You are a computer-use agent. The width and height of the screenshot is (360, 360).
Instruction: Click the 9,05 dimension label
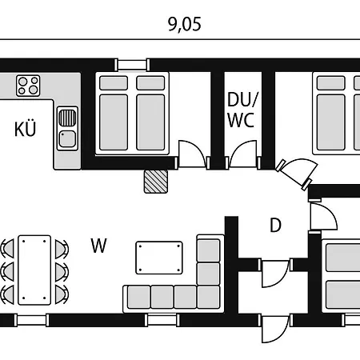185,25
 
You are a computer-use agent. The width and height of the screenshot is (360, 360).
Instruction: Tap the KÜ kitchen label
25,129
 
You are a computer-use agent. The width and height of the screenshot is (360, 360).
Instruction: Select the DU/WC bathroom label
242,110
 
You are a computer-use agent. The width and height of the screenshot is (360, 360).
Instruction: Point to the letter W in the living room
98,246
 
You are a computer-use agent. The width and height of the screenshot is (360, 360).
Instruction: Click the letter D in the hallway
275,226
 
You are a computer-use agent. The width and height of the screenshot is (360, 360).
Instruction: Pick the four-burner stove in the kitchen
28,86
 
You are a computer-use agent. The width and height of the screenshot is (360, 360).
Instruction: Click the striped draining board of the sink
67,118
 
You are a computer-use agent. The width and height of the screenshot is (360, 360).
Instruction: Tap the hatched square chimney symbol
156,182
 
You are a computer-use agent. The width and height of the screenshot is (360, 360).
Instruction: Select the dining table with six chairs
34,270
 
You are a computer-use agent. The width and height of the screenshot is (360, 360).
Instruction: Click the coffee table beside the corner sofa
159,258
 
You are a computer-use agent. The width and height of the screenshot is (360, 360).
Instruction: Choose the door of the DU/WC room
242,154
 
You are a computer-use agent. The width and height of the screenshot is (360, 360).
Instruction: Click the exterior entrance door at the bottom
275,329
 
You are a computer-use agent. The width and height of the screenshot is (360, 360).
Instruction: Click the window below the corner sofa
162,320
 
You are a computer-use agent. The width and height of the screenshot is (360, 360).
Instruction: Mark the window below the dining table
31,320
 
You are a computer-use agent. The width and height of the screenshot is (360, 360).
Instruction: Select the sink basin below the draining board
67,138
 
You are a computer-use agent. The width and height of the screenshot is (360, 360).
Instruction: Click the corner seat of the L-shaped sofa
209,297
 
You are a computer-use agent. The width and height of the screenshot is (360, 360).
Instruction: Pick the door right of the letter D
322,217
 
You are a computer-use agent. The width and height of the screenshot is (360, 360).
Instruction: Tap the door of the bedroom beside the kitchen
192,154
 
